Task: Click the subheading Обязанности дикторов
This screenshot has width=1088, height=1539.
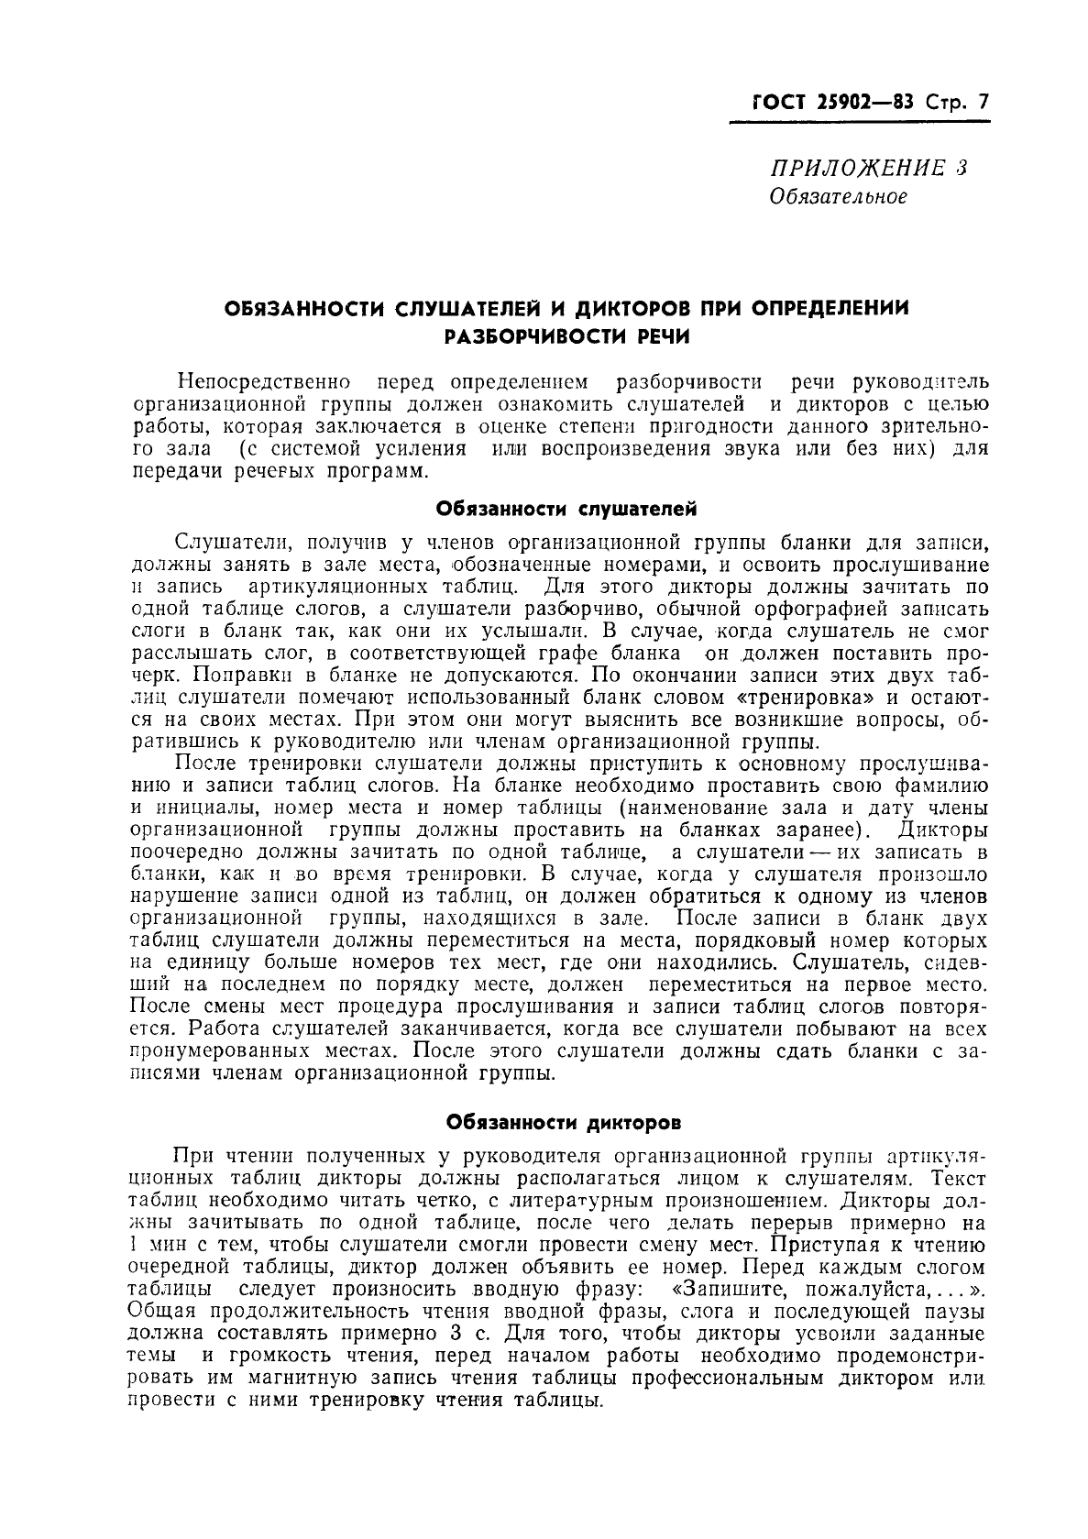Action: coord(563,1121)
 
